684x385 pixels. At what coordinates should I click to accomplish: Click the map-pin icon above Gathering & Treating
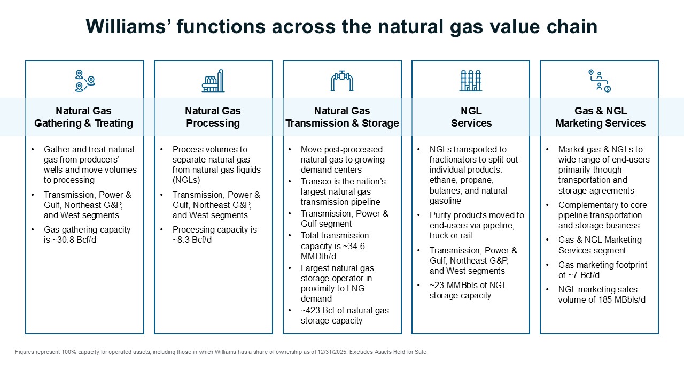click(x=84, y=80)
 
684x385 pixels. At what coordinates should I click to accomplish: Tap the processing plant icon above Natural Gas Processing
click(x=213, y=81)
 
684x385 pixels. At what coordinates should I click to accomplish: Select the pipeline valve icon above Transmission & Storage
click(x=342, y=81)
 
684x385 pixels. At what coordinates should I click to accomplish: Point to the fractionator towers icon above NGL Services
click(x=471, y=81)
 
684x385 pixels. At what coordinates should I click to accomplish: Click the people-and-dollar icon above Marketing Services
click(x=599, y=81)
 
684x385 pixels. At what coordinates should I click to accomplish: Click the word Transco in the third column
click(x=316, y=181)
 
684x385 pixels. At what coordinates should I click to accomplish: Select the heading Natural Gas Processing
click(x=213, y=117)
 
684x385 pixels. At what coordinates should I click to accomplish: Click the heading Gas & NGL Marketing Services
click(x=600, y=117)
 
